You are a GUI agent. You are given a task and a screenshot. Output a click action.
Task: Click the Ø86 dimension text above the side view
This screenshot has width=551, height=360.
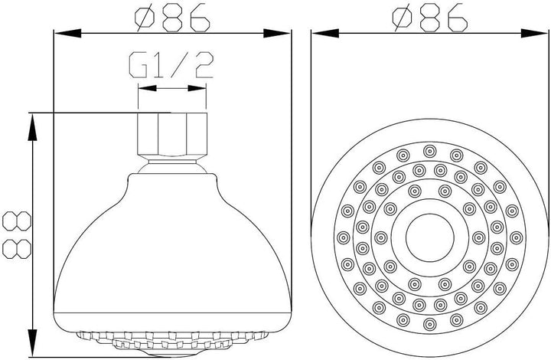[173, 17]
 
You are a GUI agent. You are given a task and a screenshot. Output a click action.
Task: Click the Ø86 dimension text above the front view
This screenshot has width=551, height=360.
[429, 17]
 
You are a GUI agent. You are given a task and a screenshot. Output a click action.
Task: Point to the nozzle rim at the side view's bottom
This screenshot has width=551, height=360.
[172, 338]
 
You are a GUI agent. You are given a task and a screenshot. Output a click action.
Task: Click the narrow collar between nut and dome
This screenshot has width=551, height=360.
[172, 161]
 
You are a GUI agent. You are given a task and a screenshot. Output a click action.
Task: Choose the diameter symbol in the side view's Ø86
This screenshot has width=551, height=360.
[142, 17]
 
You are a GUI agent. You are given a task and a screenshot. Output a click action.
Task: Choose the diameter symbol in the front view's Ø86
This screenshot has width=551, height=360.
[399, 17]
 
